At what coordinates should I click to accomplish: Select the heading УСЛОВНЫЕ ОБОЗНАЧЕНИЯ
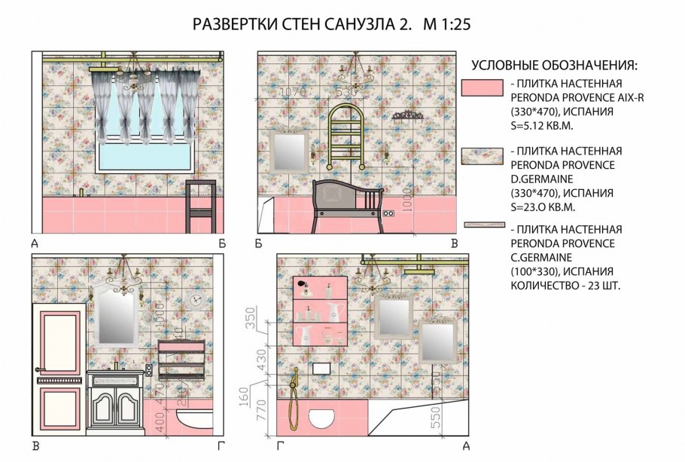(554, 64)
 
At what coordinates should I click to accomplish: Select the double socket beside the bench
(388, 214)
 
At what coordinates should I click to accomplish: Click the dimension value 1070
(293, 92)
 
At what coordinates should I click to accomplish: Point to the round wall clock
(196, 299)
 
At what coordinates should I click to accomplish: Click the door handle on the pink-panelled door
(40, 369)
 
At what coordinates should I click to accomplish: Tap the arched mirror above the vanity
(117, 313)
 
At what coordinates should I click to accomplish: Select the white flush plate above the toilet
(321, 369)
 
